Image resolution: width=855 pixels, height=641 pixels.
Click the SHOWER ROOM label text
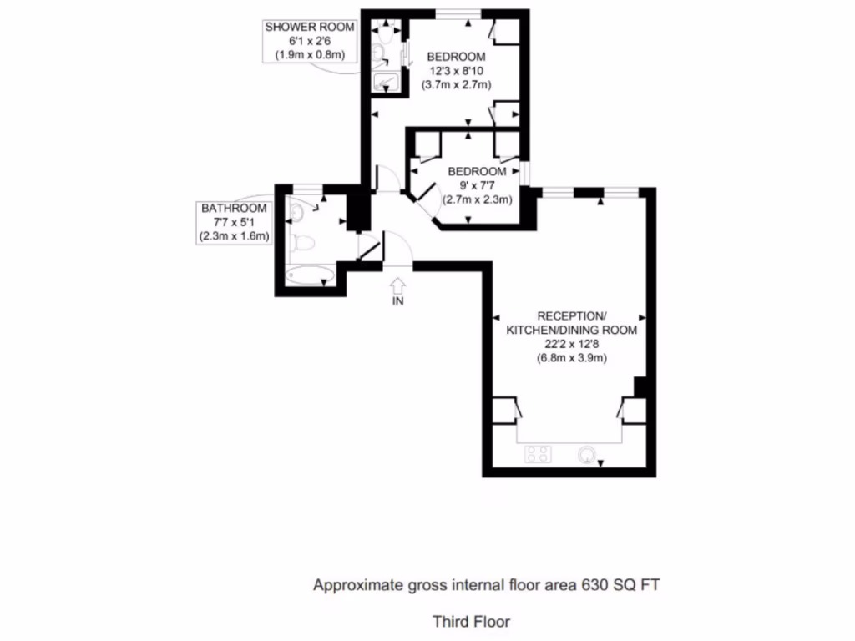point(310,27)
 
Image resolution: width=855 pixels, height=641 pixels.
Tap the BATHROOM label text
point(234,208)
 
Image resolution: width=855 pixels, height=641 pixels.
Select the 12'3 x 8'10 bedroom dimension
point(456,71)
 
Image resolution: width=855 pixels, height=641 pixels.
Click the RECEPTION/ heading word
point(571,316)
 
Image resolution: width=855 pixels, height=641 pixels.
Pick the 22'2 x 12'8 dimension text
point(571,344)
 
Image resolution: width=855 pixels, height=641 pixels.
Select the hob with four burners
point(538,454)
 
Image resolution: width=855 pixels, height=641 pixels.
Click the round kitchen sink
point(588,454)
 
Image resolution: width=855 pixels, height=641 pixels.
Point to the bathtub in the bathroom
point(309,275)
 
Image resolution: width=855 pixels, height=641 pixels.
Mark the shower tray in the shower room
point(386,81)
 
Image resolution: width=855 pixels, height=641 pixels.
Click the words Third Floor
point(471,621)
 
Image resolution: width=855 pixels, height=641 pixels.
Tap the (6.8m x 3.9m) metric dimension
point(571,358)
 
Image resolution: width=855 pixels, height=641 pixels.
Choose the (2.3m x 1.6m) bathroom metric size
point(234,236)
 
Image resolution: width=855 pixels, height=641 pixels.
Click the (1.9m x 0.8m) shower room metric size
point(310,55)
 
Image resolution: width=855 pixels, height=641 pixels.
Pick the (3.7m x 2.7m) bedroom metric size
point(456,85)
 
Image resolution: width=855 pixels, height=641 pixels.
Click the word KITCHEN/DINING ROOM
point(571,330)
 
